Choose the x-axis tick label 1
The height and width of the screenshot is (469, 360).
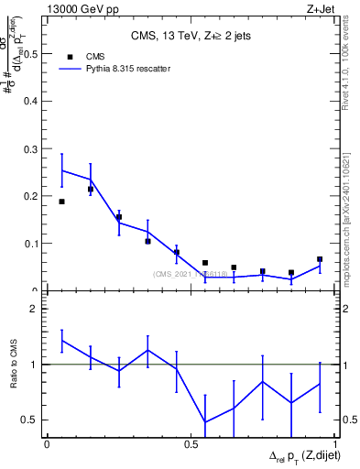click(335, 443)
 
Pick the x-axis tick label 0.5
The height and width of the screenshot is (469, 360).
click(191, 443)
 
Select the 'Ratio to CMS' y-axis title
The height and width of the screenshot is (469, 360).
click(12, 365)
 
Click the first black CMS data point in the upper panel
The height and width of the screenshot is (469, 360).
click(61, 202)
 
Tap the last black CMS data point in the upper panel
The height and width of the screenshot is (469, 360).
click(320, 259)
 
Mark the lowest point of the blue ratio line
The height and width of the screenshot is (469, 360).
click(205, 422)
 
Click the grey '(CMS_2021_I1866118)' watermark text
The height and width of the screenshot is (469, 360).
click(190, 274)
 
